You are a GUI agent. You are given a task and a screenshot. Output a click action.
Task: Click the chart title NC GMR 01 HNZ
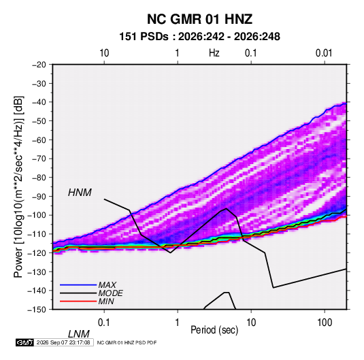[199, 19]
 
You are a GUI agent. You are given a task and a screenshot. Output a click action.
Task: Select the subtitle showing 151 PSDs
[199, 37]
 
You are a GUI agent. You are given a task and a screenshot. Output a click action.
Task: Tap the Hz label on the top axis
[214, 53]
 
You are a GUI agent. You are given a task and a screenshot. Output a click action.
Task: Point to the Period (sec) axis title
[214, 330]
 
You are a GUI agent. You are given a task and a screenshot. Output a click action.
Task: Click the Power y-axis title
[18, 187]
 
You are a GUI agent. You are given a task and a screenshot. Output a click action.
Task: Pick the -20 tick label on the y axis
[39, 65]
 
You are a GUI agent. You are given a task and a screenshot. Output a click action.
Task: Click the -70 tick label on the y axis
[39, 159]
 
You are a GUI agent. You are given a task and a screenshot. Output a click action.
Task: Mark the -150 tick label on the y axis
[37, 310]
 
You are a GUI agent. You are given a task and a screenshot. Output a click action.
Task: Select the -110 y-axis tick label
[37, 234]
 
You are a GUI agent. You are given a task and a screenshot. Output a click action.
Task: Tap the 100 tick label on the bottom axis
[325, 323]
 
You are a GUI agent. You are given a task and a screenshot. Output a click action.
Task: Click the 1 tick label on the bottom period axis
[178, 323]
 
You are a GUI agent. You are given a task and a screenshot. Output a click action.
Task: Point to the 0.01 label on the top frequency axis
[324, 53]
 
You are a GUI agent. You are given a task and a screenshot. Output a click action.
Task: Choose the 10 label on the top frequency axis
[104, 53]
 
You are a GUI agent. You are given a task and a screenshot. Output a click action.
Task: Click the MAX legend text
[107, 284]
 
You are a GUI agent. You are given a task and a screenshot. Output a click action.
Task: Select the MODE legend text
[110, 293]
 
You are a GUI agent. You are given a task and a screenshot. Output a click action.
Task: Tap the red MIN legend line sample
[78, 301]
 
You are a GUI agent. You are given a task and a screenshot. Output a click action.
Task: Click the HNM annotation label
[80, 193]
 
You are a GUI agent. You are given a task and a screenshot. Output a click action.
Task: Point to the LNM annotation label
[79, 334]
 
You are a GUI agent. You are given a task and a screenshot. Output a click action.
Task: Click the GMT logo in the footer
[25, 342]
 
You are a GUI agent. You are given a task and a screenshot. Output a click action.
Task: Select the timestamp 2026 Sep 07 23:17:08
[63, 342]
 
